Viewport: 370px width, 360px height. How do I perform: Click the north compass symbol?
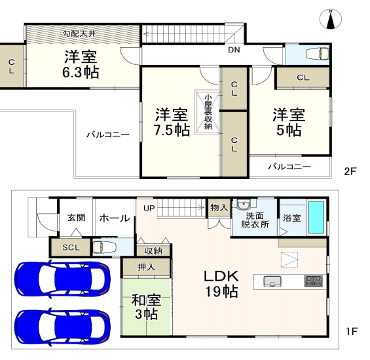[331, 20]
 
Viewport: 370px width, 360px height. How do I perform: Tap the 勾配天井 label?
[79, 34]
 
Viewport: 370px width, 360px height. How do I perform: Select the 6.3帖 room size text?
[81, 72]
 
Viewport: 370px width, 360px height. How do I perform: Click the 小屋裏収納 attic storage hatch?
[208, 111]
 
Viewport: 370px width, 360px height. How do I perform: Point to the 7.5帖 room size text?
[172, 130]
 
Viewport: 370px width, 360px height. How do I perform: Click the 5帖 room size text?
[289, 130]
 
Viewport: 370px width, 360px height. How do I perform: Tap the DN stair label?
[234, 50]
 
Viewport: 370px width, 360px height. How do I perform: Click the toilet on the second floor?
[317, 54]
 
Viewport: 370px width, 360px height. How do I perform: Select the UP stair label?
[149, 208]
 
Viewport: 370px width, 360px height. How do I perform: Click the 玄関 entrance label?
[76, 217]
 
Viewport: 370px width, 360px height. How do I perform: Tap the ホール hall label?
[115, 218]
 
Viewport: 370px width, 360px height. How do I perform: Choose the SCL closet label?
[71, 247]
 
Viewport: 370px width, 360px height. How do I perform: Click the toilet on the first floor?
[104, 247]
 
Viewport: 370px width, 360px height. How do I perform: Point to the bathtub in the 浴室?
[316, 217]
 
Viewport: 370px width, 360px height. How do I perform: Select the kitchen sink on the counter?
[272, 281]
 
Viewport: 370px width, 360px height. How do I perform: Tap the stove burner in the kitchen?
[313, 281]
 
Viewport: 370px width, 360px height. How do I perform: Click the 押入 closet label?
[146, 267]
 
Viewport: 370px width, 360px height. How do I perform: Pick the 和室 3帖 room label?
[146, 307]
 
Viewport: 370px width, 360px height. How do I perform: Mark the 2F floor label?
[350, 171]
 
